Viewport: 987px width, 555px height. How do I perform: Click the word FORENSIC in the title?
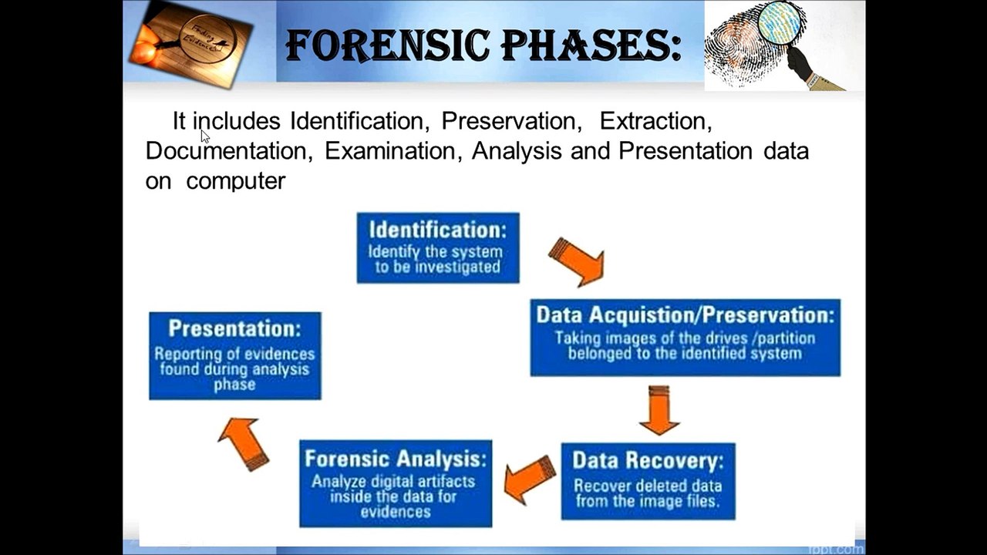[387, 45]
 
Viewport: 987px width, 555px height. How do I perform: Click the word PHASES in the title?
[585, 45]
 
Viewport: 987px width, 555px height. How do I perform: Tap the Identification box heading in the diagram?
[437, 230]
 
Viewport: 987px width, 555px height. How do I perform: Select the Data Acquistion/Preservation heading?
[686, 315]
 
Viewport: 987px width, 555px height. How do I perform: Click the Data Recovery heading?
[648, 460]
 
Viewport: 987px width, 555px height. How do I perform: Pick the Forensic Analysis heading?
[396, 459]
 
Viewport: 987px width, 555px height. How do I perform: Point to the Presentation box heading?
[235, 328]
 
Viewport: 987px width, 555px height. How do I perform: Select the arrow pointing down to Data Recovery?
[659, 410]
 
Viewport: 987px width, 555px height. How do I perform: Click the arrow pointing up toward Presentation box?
[244, 444]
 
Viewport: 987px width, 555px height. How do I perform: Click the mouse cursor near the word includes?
[205, 136]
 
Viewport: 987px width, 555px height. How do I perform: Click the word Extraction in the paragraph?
[655, 121]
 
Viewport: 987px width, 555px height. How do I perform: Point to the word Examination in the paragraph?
[393, 151]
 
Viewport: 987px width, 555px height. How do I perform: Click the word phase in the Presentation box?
[235, 385]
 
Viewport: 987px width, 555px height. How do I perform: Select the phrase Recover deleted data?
[648, 486]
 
